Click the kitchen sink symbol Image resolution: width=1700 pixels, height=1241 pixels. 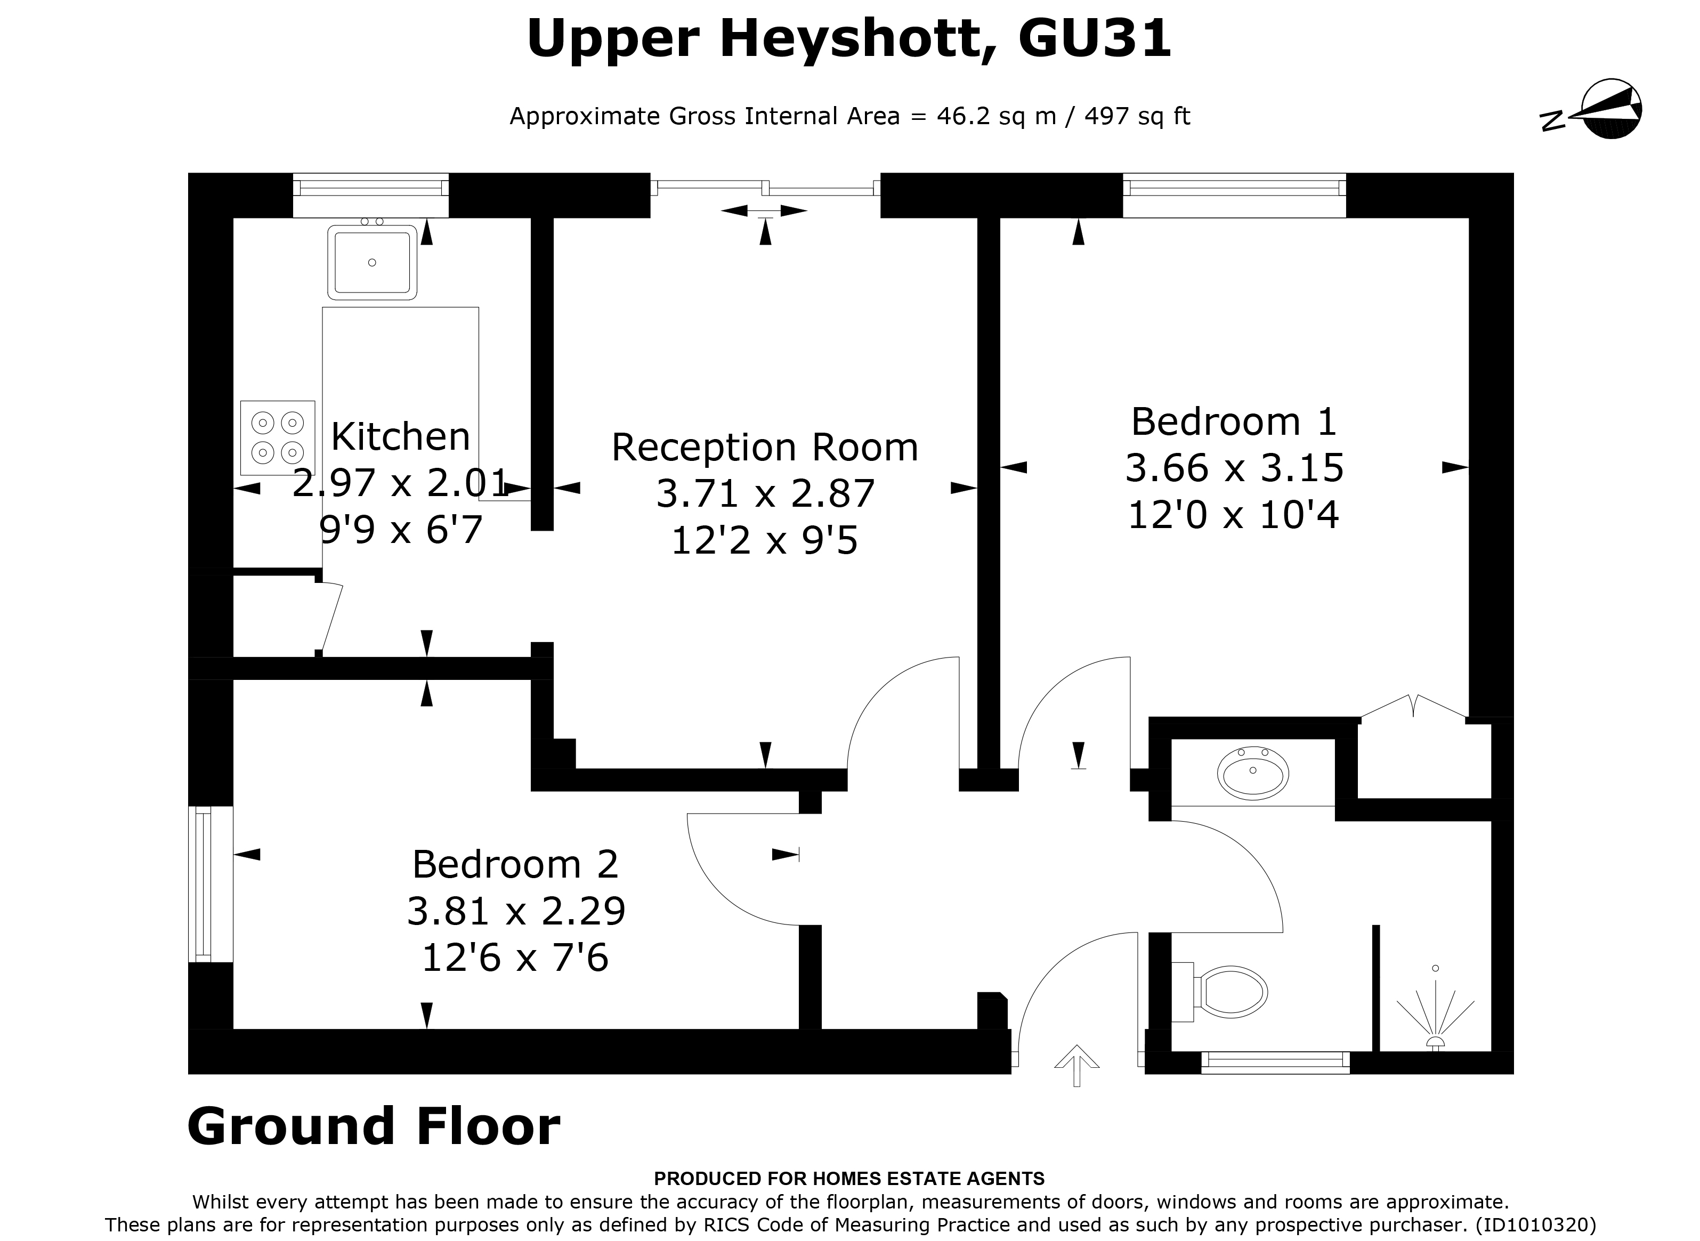pos(372,262)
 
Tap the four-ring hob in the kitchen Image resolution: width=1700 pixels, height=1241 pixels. pos(277,437)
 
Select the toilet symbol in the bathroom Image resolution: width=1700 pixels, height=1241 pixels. pos(1229,992)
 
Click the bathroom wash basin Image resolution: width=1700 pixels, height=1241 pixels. pos(1252,772)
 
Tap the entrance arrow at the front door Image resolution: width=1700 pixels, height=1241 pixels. pos(1076,1065)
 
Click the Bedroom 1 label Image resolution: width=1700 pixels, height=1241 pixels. pos(1234,421)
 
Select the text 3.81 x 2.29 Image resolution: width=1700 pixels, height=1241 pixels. pos(515,911)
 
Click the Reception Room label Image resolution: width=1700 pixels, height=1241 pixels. pos(765,448)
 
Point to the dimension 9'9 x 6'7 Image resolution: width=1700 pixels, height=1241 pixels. pos(400,530)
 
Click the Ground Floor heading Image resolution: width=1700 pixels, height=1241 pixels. pos(374,1127)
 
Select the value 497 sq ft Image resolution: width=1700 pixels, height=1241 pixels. pos(1137,117)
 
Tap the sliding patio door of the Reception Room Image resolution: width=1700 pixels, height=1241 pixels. pos(765,187)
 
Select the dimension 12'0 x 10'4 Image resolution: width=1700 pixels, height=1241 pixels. pos(1234,515)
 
